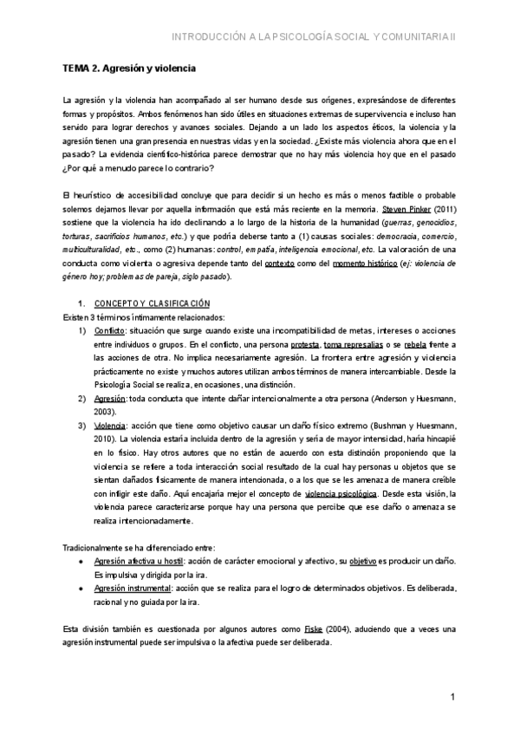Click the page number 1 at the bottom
click(453, 698)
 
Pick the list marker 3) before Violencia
click(81, 426)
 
